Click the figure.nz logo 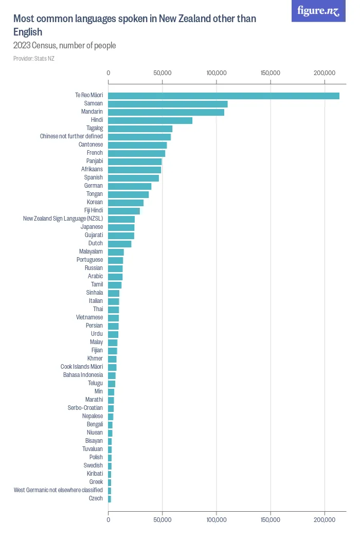click(x=319, y=11)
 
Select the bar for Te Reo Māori click(x=224, y=96)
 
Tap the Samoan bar click(x=168, y=104)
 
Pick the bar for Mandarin click(x=166, y=112)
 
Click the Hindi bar click(x=150, y=120)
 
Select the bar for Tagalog click(x=140, y=129)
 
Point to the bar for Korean click(x=125, y=203)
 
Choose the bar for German click(x=130, y=186)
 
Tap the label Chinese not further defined click(x=71, y=136)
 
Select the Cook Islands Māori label click(x=82, y=367)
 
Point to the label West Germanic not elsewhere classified click(x=58, y=490)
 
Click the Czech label click(x=96, y=498)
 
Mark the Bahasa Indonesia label click(x=83, y=375)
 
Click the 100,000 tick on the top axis click(x=217, y=73)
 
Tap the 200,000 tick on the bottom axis click(x=325, y=520)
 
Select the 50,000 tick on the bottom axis click(x=163, y=520)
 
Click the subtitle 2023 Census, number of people click(x=65, y=45)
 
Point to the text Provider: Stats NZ click(x=34, y=59)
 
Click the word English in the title click(x=28, y=32)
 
